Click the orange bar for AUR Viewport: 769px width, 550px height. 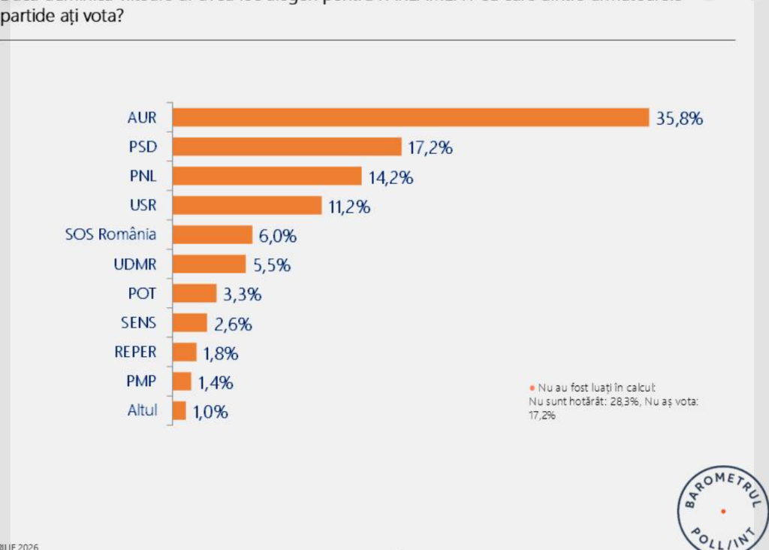(410, 117)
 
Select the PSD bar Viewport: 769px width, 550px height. (287, 147)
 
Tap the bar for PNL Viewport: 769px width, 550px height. (267, 176)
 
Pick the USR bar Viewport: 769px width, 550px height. (247, 205)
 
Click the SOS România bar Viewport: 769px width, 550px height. (213, 234)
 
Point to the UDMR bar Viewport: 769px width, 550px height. (209, 264)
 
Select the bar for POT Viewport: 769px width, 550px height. (195, 293)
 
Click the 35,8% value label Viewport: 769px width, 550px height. (678, 119)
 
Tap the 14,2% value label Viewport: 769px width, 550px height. (391, 177)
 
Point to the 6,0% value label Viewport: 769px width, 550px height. (278, 236)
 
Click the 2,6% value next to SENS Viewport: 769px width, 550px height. (233, 325)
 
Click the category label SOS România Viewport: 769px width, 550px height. (111, 234)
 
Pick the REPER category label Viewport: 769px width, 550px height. (135, 352)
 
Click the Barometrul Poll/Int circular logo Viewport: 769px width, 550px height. (722, 511)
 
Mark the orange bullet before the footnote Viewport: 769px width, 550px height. (531, 388)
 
